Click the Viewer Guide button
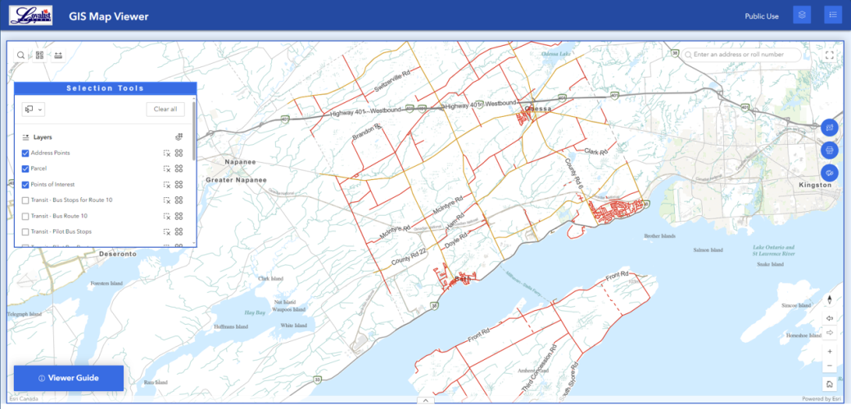pos(68,378)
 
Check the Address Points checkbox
pos(25,153)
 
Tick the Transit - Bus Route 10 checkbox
pos(25,216)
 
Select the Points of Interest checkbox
pos(25,184)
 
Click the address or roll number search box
pos(745,55)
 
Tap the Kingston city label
pos(814,185)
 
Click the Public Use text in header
pos(761,16)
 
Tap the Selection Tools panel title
pos(105,88)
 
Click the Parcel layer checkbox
pos(25,169)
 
